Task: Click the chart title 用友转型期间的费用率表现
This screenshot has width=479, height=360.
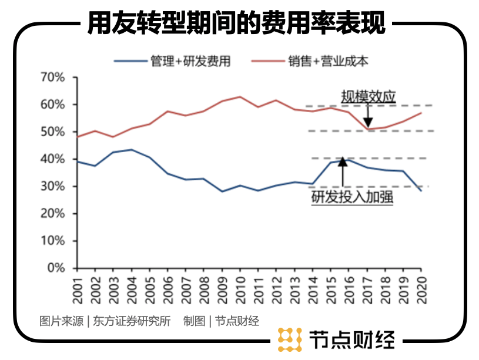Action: point(236,24)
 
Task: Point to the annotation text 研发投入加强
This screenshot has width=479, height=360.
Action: point(352,198)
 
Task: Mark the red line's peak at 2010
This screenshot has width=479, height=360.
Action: point(240,97)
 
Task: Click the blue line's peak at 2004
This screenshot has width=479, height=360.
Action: point(132,150)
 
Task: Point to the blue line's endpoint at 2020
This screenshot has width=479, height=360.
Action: point(421,191)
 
